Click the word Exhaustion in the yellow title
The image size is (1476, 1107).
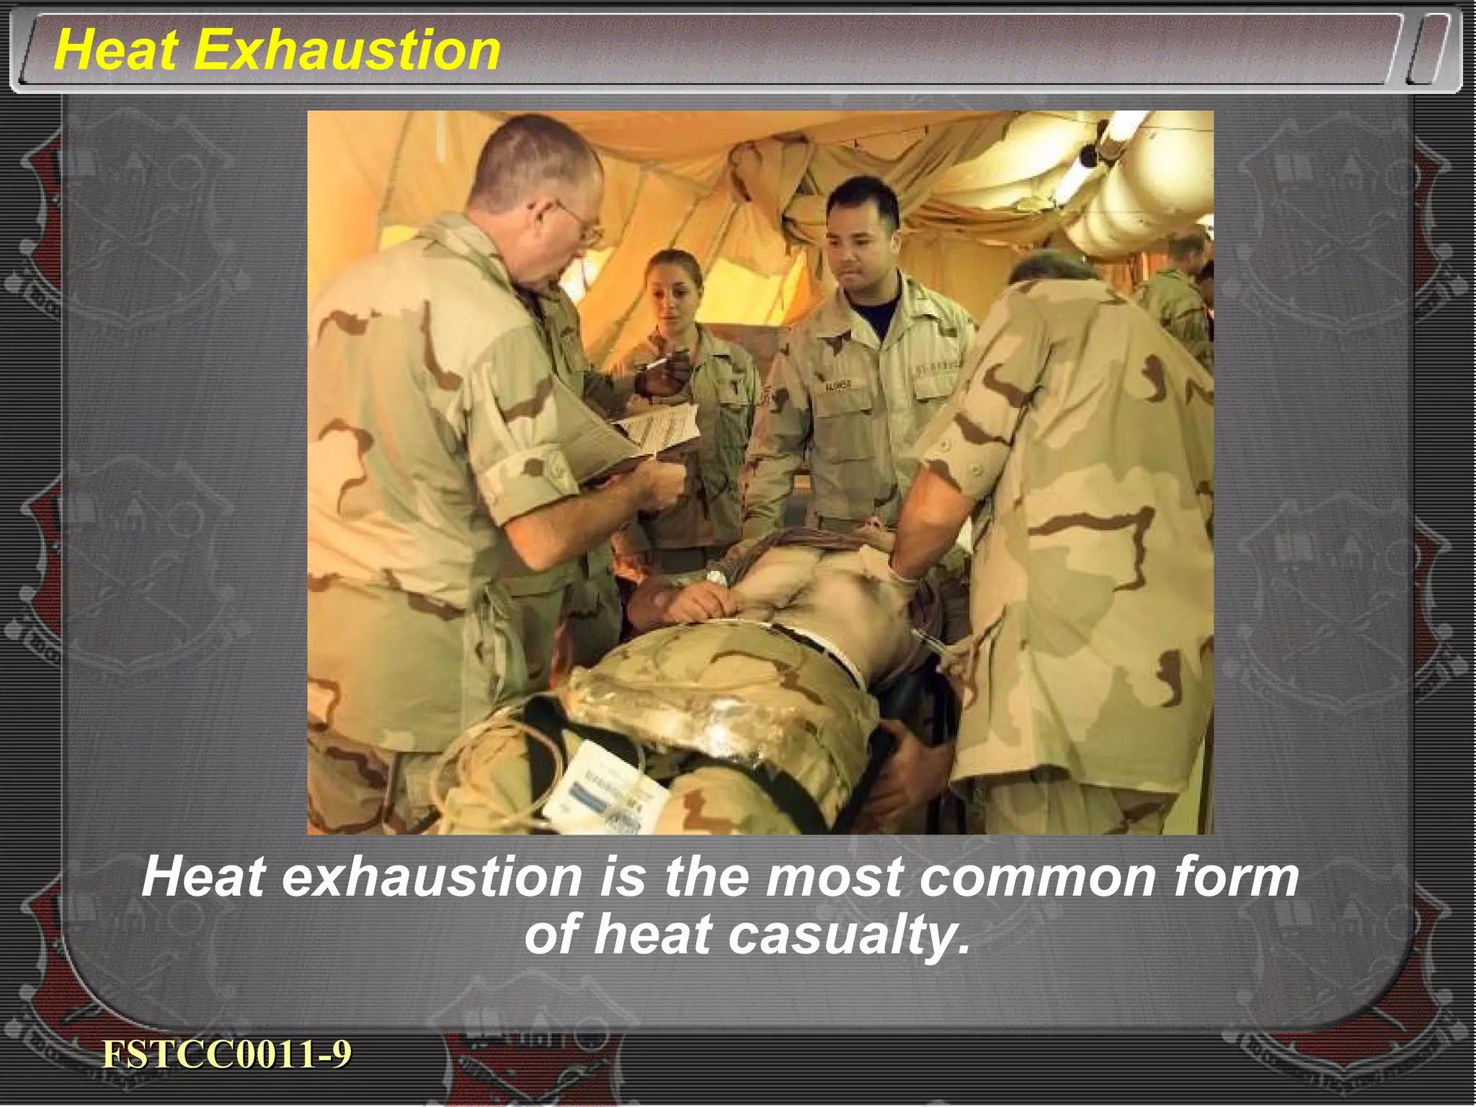[x=347, y=50]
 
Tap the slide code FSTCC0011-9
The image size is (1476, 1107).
[x=226, y=1054]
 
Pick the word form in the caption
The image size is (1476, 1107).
[x=1236, y=877]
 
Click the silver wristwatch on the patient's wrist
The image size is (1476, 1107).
[x=716, y=577]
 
